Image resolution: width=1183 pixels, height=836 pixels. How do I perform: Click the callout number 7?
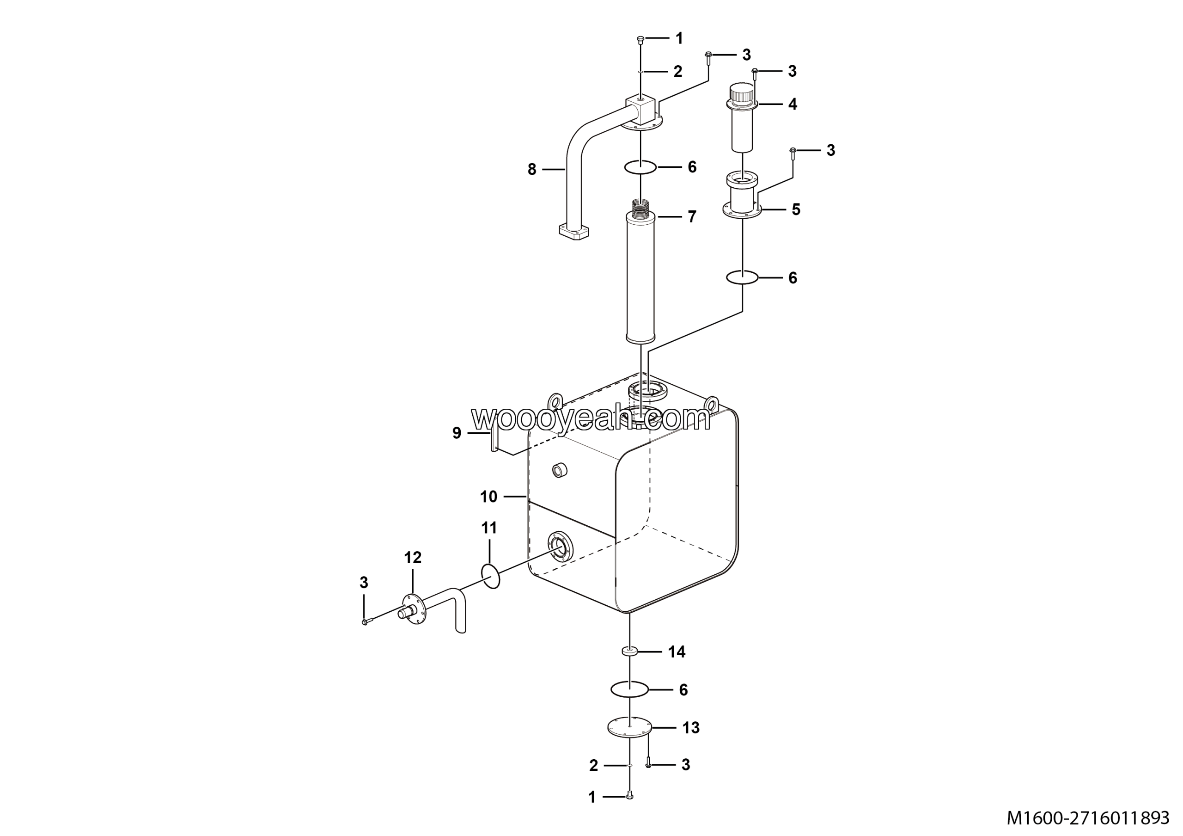tap(692, 216)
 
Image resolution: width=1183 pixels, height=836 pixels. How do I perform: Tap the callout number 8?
tap(532, 169)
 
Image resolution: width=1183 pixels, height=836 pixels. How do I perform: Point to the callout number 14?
tap(677, 652)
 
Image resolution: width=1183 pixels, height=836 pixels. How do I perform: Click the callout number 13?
tap(691, 728)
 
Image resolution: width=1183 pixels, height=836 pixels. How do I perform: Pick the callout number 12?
tap(413, 557)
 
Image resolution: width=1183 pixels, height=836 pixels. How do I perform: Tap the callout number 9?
tap(457, 433)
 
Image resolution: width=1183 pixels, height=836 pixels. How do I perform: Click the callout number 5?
tap(796, 209)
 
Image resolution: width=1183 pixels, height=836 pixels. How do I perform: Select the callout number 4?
tap(793, 104)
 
